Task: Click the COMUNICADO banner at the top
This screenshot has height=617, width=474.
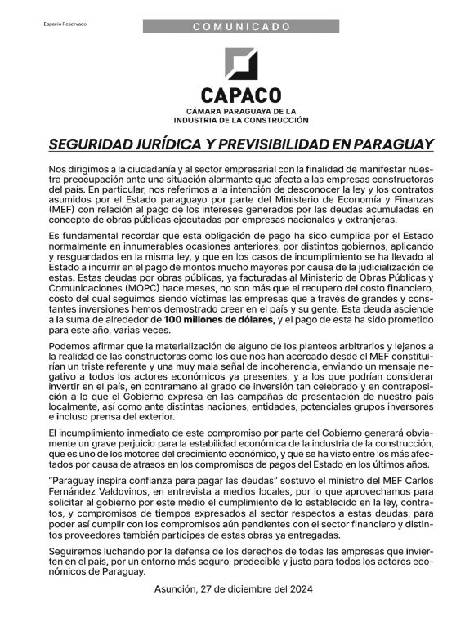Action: pos(242,27)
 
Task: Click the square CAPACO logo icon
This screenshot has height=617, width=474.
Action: pos(241,64)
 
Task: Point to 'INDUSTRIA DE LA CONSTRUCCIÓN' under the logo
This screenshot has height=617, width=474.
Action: pos(241,121)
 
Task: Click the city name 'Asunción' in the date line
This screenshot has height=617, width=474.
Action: pos(177,589)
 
